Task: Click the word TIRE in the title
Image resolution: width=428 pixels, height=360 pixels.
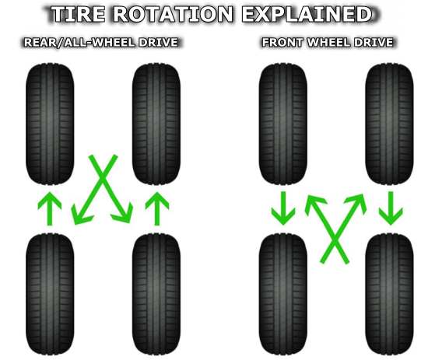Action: [x=79, y=14]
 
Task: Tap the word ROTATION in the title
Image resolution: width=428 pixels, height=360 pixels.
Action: [x=174, y=14]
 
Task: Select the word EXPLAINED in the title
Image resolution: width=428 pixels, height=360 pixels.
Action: [x=307, y=14]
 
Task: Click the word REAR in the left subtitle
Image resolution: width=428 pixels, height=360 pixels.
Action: [x=40, y=43]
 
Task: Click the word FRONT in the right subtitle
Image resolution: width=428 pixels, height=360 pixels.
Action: [x=282, y=43]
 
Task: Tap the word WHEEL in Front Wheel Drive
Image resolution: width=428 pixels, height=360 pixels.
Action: [x=328, y=43]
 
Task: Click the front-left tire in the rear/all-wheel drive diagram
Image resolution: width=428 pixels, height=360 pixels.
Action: [x=50, y=124]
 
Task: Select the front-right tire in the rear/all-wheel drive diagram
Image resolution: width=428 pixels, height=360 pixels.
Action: [x=156, y=124]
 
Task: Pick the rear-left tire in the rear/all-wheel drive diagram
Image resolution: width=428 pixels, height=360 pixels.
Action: [x=50, y=295]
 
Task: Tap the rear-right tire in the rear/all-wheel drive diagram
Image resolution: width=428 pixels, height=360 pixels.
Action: [x=156, y=295]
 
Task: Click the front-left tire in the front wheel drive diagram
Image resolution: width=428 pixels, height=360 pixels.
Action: [x=283, y=124]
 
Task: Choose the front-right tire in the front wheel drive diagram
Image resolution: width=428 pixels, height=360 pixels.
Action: [x=389, y=124]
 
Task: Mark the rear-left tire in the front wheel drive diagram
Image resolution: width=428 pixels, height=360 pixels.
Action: [x=283, y=295]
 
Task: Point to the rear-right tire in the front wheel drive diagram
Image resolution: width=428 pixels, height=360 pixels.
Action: [x=389, y=295]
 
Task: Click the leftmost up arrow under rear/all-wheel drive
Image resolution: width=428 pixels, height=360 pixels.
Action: [x=49, y=208]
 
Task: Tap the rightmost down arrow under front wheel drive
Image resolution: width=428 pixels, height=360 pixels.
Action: [x=391, y=208]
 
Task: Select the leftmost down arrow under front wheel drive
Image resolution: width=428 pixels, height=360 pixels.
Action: [x=283, y=208]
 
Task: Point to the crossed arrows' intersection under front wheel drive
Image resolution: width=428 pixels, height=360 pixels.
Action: [x=335, y=240]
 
